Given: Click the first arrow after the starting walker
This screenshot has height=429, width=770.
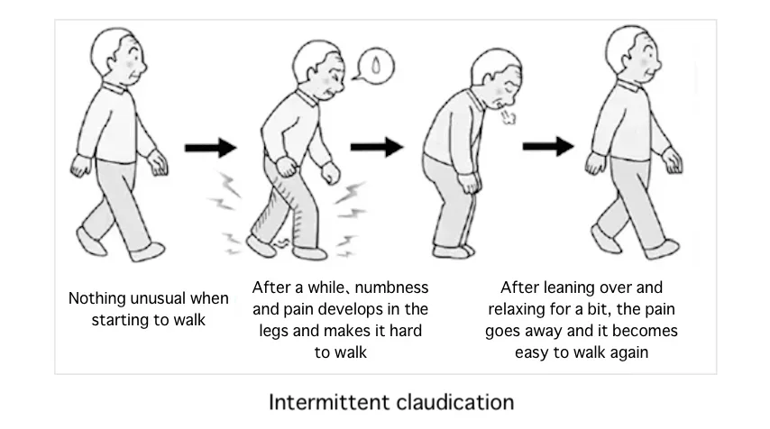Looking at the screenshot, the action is pyautogui.click(x=211, y=147).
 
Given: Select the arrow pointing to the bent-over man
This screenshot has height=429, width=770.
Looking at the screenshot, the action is pyautogui.click(x=377, y=147).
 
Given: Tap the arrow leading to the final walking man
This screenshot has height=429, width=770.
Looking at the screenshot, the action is pyautogui.click(x=548, y=146).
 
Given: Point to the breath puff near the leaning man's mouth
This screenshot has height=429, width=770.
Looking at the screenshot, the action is pyautogui.click(x=508, y=116).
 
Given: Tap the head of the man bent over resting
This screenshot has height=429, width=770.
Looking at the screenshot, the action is pyautogui.click(x=496, y=78).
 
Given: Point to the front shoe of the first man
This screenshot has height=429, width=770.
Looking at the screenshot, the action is pyautogui.click(x=148, y=251).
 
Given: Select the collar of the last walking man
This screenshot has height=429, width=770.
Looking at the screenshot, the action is pyautogui.click(x=628, y=87).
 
